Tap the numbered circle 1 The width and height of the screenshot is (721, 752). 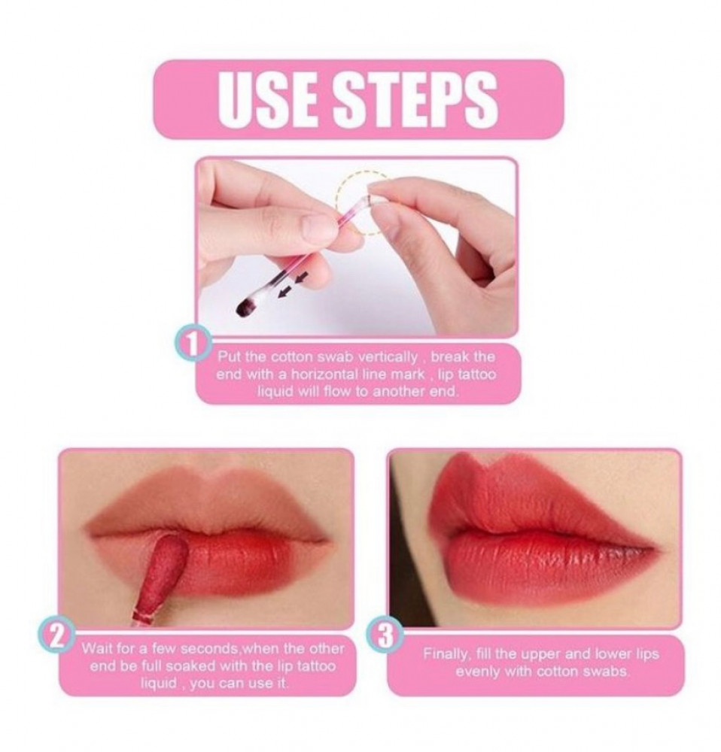tap(192, 343)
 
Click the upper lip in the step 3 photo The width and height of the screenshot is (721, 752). tap(519, 499)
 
